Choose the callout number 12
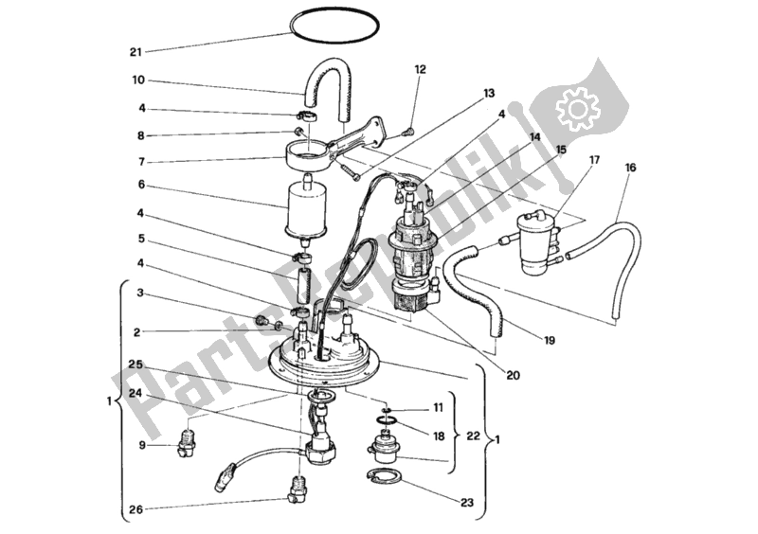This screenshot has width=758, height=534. [x=421, y=69]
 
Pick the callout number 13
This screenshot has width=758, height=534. [x=488, y=94]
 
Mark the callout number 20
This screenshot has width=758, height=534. [x=513, y=375]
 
